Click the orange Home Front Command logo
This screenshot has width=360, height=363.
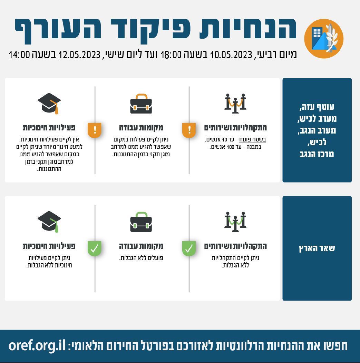pos(324,38)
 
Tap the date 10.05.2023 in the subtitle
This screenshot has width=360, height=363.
pos(231,55)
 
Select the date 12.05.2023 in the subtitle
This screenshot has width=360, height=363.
pos(79,55)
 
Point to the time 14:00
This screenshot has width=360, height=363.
pos(19,55)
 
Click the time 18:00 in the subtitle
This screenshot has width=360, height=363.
pos(171,55)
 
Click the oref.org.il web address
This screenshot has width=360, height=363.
pos(37,346)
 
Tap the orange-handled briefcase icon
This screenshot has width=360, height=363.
pos(141,104)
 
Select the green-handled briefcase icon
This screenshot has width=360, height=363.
pos(141,222)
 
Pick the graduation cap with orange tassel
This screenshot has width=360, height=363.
pos(49,104)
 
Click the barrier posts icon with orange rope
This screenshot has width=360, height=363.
pos(235,103)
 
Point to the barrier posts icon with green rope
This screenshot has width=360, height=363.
pos(235,222)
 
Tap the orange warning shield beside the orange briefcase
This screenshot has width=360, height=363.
pos(95,130)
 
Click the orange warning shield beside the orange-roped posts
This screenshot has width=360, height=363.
pos(189,130)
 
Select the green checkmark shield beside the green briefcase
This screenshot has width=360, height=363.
pos(95,248)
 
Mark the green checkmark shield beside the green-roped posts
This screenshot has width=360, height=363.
pos(189,248)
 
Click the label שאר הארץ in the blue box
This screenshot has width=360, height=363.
pos(317,248)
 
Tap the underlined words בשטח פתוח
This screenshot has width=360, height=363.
pos(253,140)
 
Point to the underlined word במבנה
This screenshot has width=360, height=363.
pos(254,147)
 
